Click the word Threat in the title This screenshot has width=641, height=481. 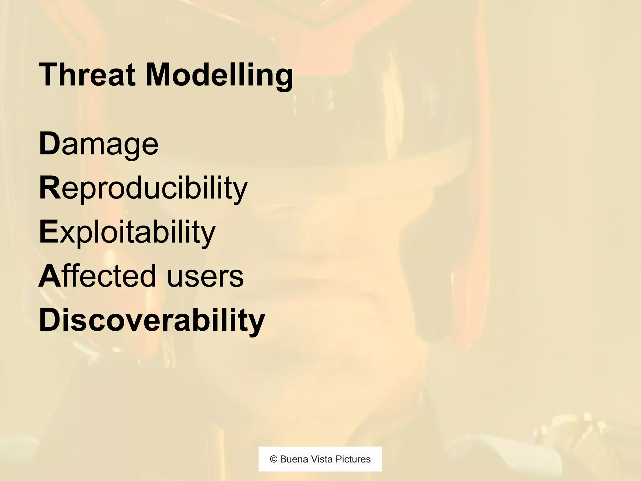click(x=87, y=75)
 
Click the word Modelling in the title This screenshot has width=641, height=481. click(x=219, y=75)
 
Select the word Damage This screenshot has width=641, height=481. click(x=99, y=144)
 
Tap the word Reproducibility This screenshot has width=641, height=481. click(x=143, y=188)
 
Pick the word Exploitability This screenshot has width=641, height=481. click(x=127, y=232)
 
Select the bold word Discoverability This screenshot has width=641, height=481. click(x=152, y=320)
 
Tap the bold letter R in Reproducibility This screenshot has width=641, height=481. click(x=49, y=188)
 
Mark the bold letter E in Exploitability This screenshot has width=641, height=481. click(x=49, y=232)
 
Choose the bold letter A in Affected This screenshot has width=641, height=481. click(x=49, y=276)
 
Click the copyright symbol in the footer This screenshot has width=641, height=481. click(x=274, y=459)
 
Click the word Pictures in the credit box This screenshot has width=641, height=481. click(x=353, y=459)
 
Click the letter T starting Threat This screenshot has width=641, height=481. click(x=47, y=75)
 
